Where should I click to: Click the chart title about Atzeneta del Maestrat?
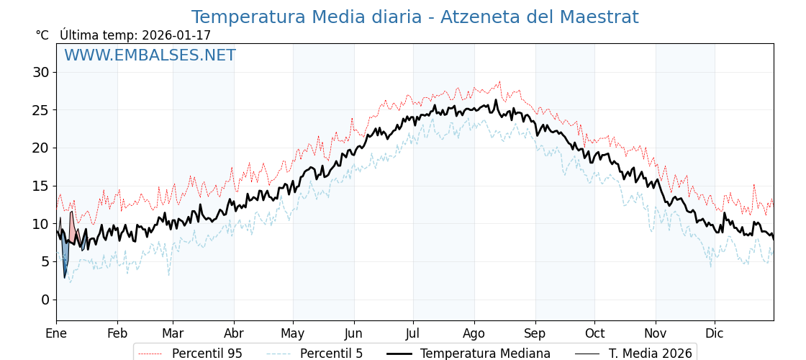(415, 17)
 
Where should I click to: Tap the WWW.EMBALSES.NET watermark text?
(150, 55)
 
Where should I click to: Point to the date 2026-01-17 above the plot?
(176, 35)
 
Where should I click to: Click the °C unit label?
(42, 35)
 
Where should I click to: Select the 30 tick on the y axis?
(40, 72)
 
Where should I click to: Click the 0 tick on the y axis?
(45, 300)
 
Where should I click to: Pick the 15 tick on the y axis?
(40, 186)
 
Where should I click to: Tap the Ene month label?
(56, 333)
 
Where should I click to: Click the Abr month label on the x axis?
(234, 333)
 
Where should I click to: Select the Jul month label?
(413, 333)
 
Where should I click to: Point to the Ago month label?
(474, 333)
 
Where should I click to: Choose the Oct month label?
(594, 333)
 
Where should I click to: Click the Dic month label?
(715, 333)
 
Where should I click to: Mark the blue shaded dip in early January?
(65, 256)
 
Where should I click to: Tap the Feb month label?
(117, 333)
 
